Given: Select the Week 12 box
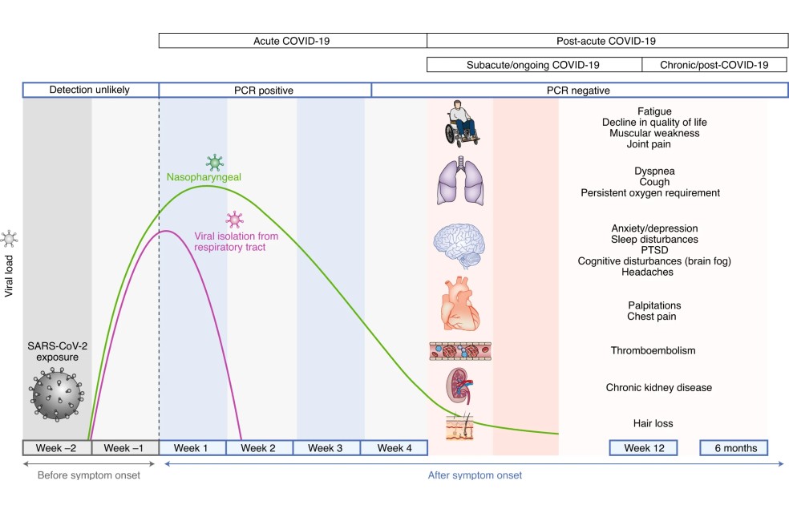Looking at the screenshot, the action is click(644, 447).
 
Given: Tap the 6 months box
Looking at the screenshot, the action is click(734, 447).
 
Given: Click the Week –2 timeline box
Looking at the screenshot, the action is click(57, 447).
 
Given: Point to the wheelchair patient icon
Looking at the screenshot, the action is click(461, 123).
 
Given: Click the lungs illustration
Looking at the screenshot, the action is click(460, 181).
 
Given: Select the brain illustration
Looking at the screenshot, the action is click(459, 245).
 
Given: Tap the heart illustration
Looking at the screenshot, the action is click(460, 304).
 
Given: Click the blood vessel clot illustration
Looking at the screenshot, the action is click(460, 351).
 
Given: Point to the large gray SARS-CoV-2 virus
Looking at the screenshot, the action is click(56, 394).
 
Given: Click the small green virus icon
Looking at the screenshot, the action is click(215, 163).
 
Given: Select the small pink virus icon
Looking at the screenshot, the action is click(234, 220).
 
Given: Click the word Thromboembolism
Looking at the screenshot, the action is click(653, 350).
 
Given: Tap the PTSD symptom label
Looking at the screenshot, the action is click(654, 250).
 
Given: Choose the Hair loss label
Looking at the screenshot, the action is click(653, 423).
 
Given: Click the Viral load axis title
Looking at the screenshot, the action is click(9, 276).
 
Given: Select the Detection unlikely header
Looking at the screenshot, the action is click(90, 90).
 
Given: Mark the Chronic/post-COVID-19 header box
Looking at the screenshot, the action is click(714, 64).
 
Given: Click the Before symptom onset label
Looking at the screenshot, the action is click(89, 475).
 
